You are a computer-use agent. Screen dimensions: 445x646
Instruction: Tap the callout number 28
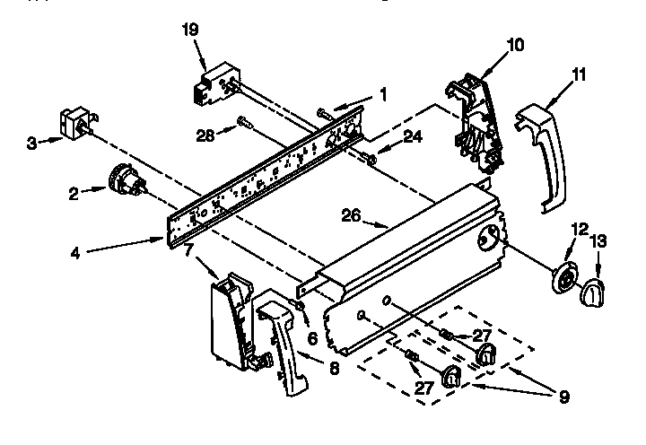205,135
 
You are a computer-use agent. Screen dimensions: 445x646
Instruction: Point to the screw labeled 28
244,121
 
